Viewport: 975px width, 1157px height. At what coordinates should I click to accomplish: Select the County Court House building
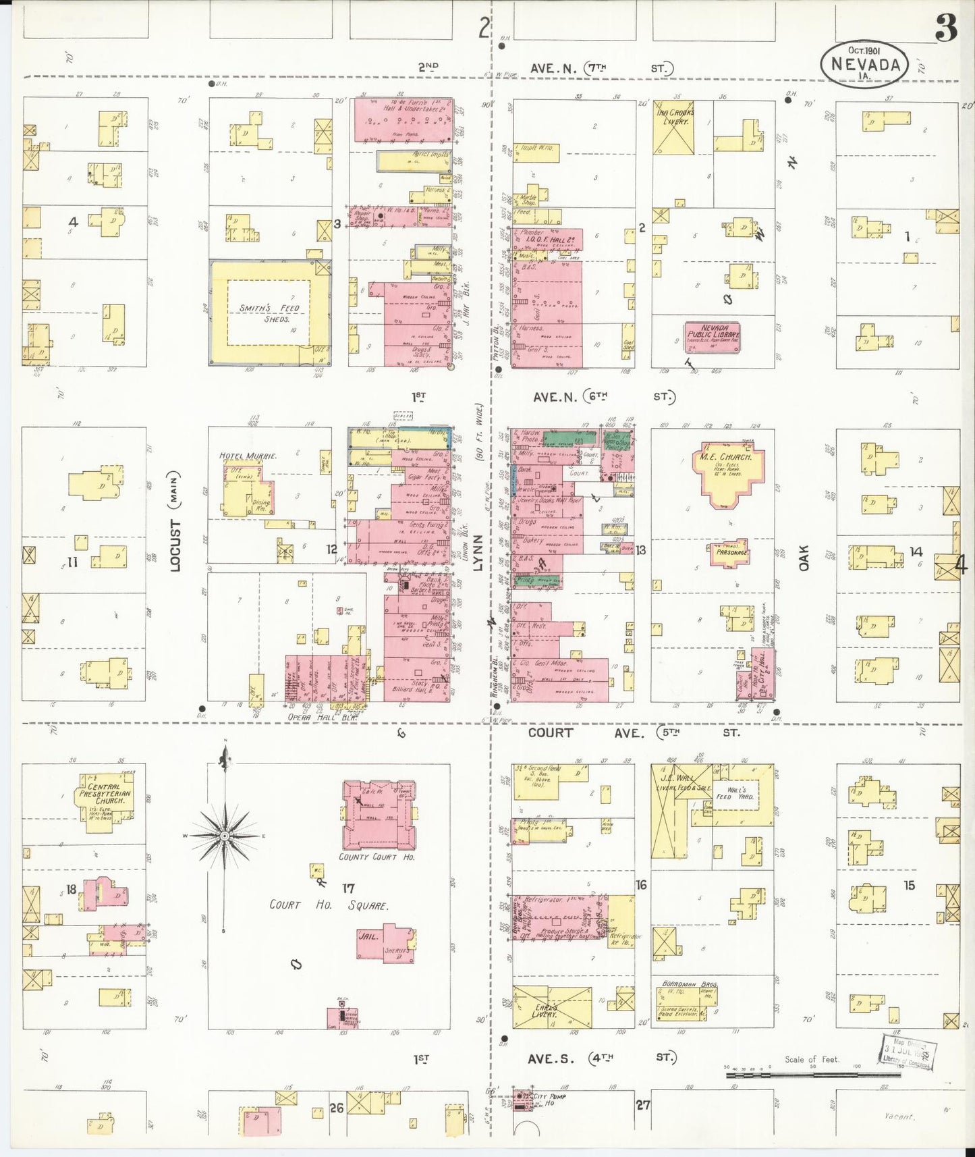(x=378, y=816)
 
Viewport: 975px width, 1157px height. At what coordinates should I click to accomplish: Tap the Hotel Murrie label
(x=248, y=456)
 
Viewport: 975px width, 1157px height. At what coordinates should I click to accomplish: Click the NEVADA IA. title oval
(x=864, y=65)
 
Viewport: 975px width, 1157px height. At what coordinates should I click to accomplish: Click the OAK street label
(x=803, y=558)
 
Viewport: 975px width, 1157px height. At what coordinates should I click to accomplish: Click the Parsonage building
(x=730, y=553)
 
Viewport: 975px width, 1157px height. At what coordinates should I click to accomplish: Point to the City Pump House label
(x=549, y=1099)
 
